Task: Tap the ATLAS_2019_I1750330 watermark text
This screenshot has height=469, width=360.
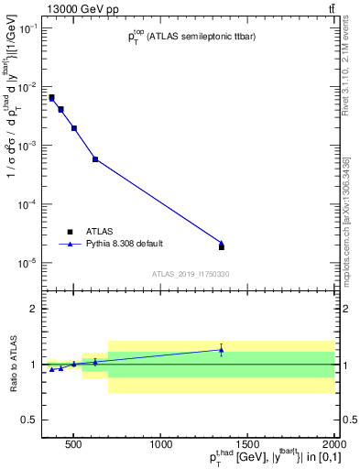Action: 191,274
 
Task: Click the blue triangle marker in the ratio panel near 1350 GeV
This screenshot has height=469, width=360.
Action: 221,350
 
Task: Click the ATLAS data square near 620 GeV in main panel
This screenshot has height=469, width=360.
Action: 95,159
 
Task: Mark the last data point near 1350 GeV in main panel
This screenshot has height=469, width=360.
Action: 221,245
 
